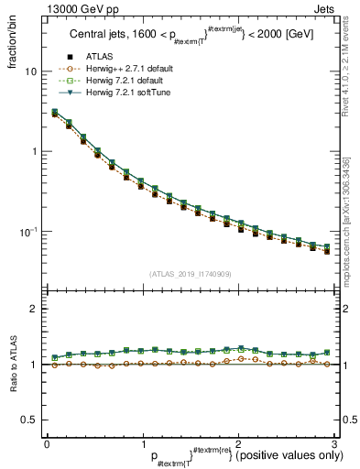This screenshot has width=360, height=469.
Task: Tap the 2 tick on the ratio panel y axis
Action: point(34,310)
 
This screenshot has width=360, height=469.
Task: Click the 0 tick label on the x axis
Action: point(47,443)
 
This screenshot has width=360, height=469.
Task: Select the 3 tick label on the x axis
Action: point(334,443)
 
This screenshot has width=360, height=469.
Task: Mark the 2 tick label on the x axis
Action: point(238,443)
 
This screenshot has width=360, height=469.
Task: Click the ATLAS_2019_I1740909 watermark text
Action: point(191,274)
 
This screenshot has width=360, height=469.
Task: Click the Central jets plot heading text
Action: point(190,36)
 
